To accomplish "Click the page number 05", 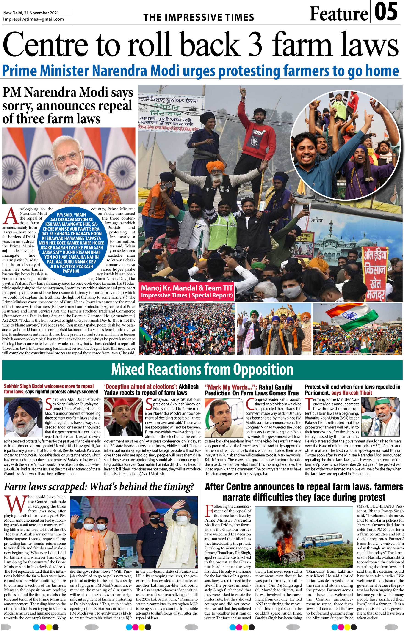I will tap(386, 12).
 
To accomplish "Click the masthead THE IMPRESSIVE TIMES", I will tap(199, 17).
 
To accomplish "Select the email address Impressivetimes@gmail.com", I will tap(34, 19).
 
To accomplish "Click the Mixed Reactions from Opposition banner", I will tap(202, 369).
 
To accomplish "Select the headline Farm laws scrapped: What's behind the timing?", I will tap(99, 486).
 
